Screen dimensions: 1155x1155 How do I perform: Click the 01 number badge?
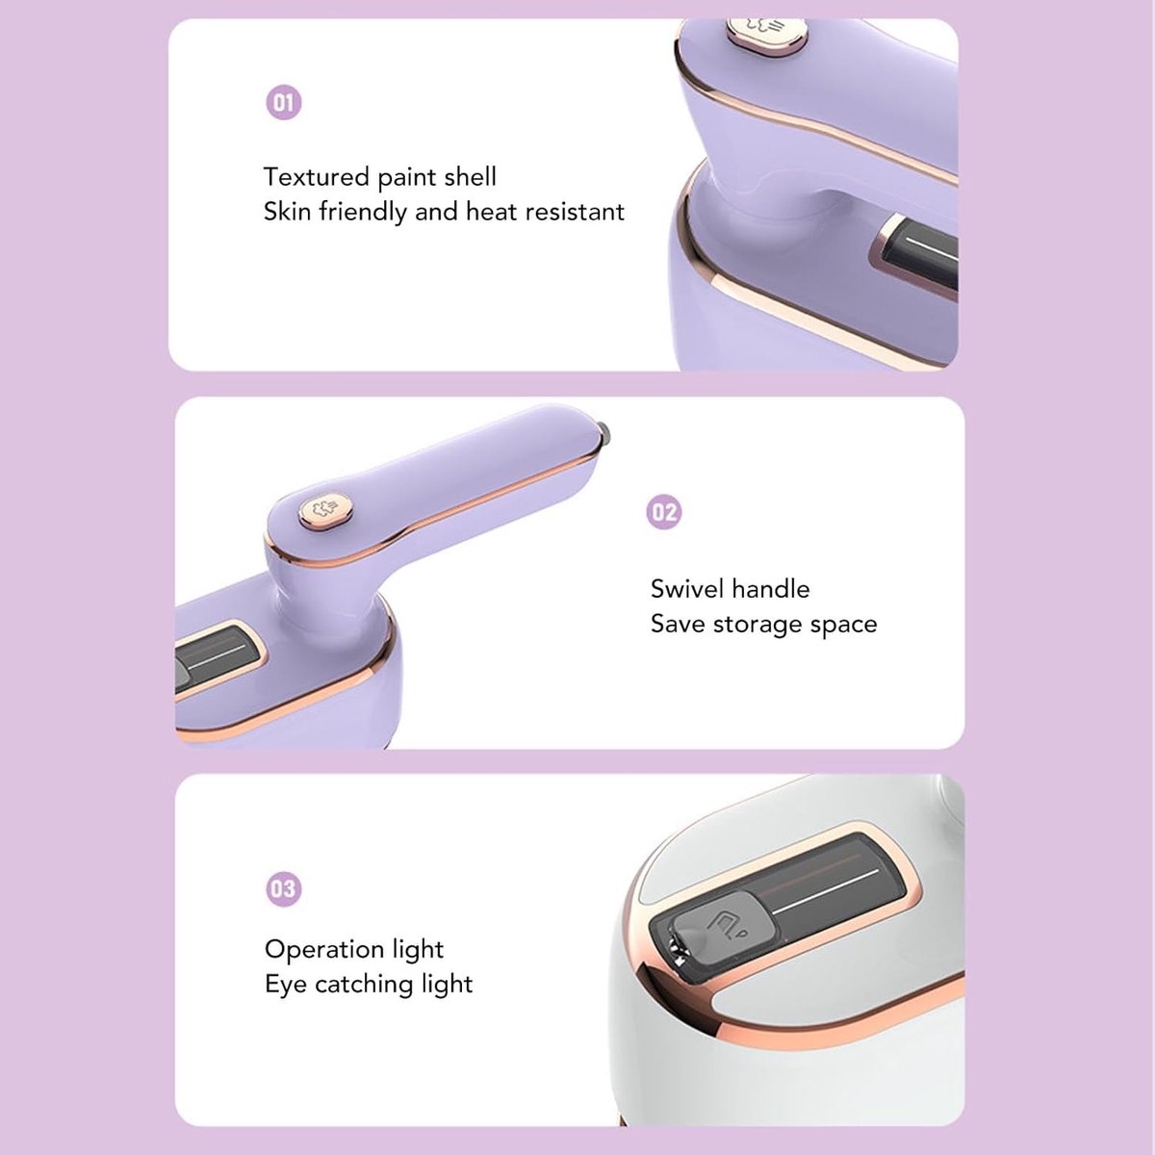click(284, 102)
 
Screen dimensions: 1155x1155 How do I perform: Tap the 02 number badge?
click(664, 512)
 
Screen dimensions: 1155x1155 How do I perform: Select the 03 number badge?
click(284, 888)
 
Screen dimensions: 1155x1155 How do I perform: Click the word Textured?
click(316, 177)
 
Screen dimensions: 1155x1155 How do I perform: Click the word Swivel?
click(687, 589)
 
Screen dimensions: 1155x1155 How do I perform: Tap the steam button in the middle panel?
click(324, 510)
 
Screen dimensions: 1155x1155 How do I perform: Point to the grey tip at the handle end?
click(603, 433)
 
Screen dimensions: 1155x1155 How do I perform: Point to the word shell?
click(470, 177)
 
